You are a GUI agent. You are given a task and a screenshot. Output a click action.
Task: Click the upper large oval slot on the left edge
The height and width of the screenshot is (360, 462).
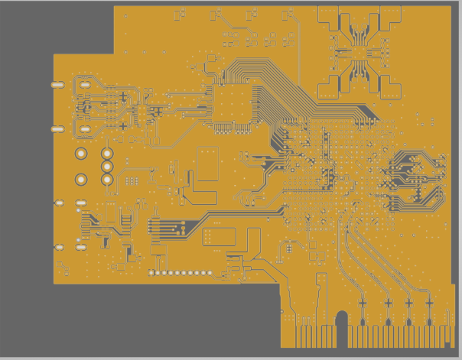pos(57,85)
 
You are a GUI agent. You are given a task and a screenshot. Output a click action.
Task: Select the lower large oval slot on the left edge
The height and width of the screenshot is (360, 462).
pos(57,129)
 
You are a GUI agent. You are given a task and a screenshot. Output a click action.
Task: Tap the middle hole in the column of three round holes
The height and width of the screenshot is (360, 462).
pos(107,166)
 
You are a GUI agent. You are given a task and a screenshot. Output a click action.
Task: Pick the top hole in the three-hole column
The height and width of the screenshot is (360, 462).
pos(107,154)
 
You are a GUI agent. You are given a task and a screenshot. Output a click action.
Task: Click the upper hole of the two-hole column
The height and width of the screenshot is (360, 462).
pos(81,154)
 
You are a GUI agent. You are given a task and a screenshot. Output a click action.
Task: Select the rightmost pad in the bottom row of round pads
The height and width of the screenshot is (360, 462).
pos(210,273)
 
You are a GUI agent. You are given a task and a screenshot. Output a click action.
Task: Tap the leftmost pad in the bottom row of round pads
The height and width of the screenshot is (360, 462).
pos(151,273)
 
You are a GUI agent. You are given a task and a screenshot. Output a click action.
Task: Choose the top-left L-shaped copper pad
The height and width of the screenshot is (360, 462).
pos(330,20)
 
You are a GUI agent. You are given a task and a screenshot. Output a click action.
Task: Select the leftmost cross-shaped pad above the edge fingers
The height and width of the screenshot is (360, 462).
pos(363,303)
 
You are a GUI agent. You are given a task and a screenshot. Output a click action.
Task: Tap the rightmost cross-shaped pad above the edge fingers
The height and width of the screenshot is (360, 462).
pos(429,303)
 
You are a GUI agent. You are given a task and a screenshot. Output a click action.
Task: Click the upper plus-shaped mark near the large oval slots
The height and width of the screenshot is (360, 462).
pos(122,96)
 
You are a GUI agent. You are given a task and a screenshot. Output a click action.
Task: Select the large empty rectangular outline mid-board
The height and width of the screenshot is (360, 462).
pos(208,164)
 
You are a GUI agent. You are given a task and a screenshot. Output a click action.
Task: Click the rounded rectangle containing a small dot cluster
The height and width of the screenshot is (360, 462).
pos(219,236)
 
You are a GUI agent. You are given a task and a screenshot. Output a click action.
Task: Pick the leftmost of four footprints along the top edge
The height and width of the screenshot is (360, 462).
pos(180,14)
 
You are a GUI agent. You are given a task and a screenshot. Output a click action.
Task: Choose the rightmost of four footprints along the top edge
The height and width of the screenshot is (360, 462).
pos(288,14)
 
